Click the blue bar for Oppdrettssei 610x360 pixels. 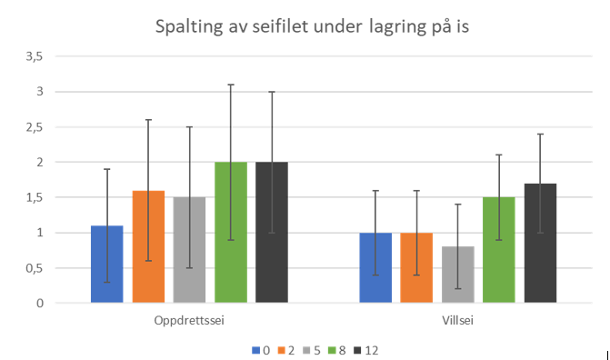point(106,264)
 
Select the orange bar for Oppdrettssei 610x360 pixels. point(148,246)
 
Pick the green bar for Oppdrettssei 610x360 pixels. point(231,232)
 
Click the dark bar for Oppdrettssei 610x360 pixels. point(272,232)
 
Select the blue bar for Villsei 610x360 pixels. point(375,267)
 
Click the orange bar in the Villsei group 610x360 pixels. point(417,267)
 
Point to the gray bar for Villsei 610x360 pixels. point(458,275)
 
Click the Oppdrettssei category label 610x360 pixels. point(189,320)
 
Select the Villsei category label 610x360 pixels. point(458,320)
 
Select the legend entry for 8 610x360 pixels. point(335,348)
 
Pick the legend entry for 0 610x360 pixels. point(261,348)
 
